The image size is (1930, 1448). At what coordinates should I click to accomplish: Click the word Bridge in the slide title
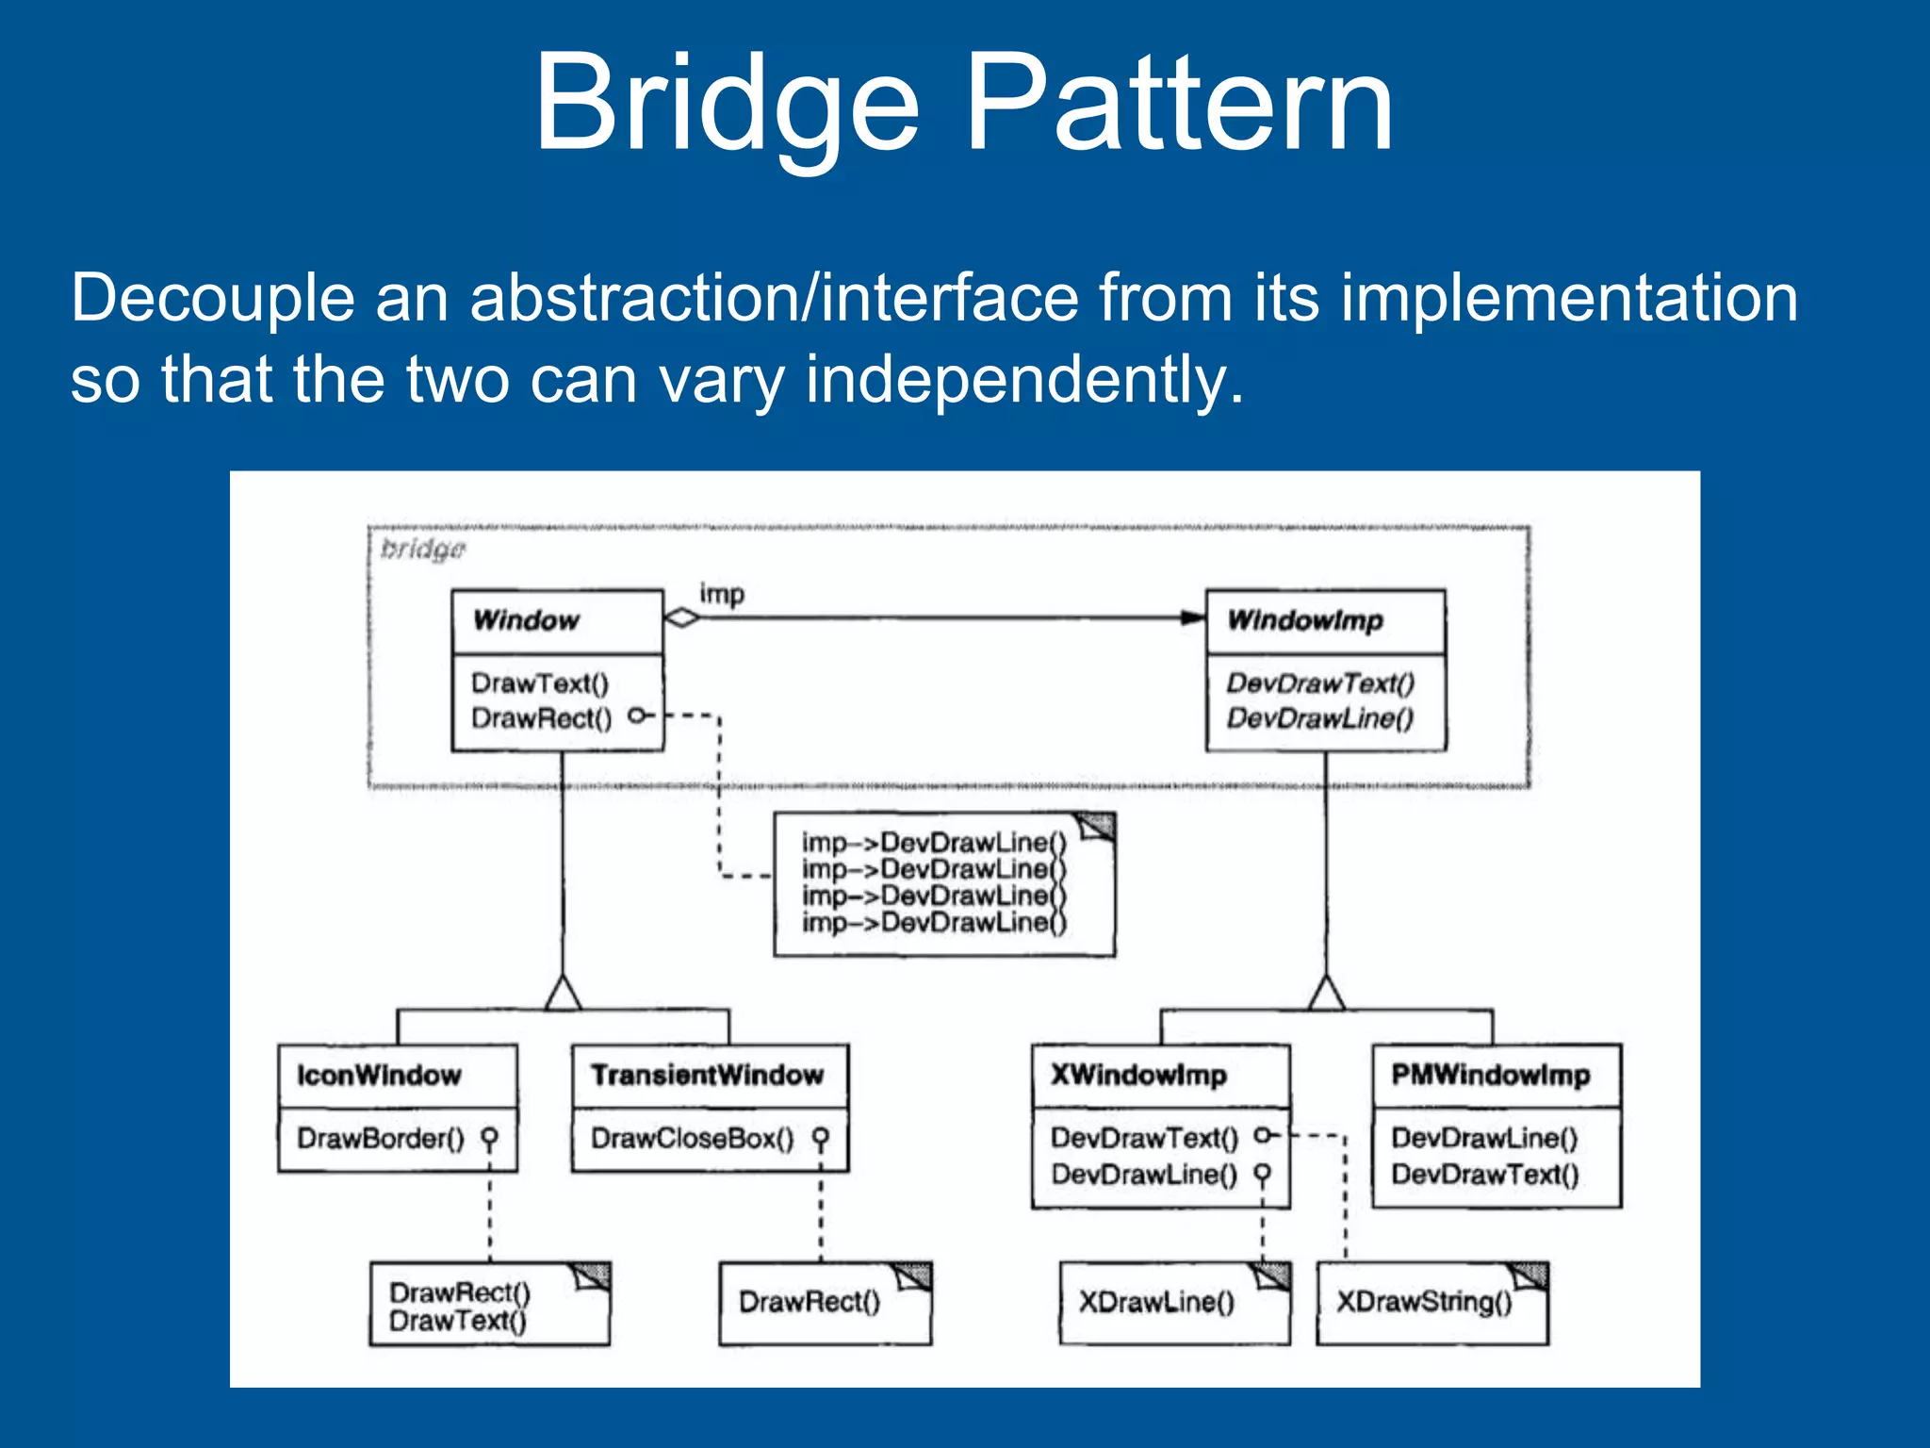[726, 102]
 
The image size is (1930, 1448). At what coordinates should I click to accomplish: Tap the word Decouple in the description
[212, 299]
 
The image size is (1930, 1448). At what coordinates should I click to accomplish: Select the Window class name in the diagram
[526, 620]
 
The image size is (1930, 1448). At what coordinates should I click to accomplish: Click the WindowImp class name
[1305, 620]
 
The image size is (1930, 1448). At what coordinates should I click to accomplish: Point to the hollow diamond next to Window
[681, 618]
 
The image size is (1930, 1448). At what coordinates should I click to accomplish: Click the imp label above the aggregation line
[721, 594]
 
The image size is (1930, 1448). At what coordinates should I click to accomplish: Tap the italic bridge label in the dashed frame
[422, 550]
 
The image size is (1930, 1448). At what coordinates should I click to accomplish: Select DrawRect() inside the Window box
[541, 718]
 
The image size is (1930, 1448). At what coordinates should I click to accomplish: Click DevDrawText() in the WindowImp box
[1319, 683]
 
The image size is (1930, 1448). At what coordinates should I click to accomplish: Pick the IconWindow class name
[379, 1076]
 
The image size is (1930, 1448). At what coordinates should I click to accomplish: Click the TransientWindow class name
[707, 1076]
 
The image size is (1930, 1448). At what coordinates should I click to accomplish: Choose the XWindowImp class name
[1138, 1076]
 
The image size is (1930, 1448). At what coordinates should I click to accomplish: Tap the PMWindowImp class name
[1490, 1076]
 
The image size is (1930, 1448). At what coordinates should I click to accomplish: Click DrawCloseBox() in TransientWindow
[692, 1139]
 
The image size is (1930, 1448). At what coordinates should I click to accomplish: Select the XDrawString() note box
[1431, 1304]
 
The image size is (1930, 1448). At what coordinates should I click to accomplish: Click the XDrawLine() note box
[1172, 1304]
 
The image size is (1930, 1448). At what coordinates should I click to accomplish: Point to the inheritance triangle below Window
[563, 995]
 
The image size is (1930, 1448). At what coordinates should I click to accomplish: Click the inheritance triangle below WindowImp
[1326, 995]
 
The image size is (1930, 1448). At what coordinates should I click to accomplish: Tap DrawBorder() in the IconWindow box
[381, 1139]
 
